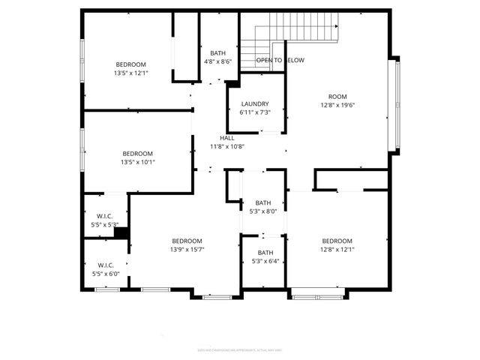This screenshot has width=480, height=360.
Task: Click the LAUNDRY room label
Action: [255, 104]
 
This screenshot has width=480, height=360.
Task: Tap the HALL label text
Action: [226, 139]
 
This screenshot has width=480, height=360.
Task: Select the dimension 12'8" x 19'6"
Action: [337, 105]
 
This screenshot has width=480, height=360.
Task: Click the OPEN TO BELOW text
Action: [280, 60]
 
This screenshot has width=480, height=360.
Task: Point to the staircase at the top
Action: [297, 30]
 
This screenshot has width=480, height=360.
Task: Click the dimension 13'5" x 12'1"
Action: [130, 73]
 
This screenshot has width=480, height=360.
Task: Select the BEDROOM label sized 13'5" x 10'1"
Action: [137, 154]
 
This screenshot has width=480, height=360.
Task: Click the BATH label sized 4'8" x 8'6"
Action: [217, 53]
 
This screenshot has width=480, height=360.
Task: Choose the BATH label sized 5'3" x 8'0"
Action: [263, 202]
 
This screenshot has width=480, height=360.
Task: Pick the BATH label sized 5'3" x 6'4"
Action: [265, 253]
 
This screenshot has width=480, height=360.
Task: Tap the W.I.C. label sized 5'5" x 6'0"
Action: [105, 265]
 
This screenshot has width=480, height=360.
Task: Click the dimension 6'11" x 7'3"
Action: [255, 112]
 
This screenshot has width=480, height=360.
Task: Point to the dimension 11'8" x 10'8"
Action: [226, 147]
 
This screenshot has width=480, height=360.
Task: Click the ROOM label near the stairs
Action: [337, 97]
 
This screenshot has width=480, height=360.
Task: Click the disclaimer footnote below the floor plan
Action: [240, 349]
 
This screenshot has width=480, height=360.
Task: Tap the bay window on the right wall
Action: [397, 105]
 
